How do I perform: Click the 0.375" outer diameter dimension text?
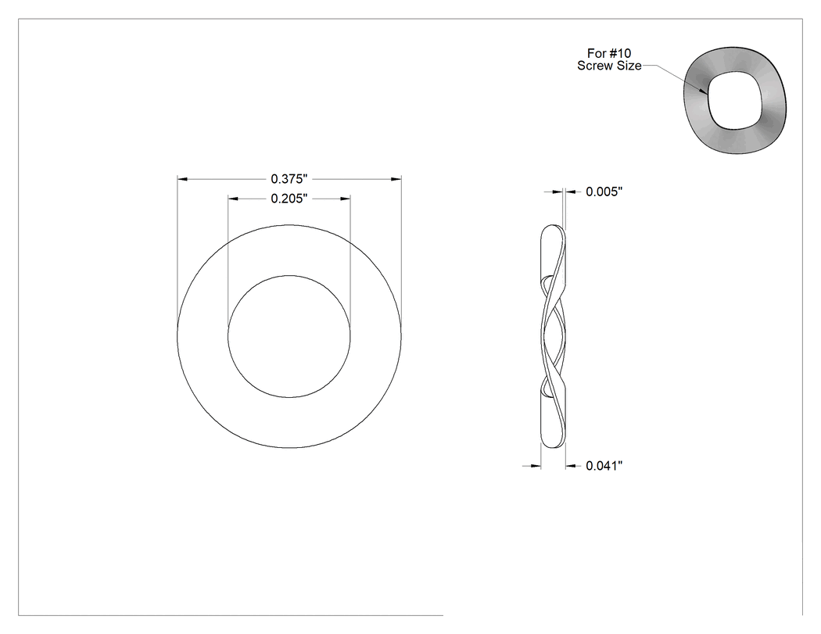pyautogui.click(x=289, y=179)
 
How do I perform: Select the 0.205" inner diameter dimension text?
pyautogui.click(x=289, y=199)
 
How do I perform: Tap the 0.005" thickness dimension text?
pyautogui.click(x=604, y=192)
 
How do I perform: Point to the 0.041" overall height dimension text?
pyautogui.click(x=604, y=466)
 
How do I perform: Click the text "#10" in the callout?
pyautogui.click(x=621, y=53)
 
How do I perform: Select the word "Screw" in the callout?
pyautogui.click(x=593, y=66)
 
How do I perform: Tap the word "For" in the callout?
pyautogui.click(x=597, y=53)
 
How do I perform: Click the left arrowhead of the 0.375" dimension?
pyautogui.click(x=182, y=179)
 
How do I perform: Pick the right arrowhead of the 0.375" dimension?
pyautogui.click(x=396, y=179)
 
